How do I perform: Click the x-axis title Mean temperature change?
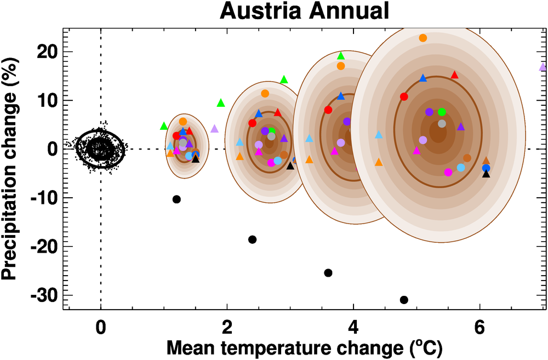304,347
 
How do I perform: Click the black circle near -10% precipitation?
176,199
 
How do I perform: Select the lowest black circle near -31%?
404,300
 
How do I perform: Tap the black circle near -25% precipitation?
328,273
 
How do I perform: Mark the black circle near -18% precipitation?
252,239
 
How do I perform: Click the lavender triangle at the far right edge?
543,67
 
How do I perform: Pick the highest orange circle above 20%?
423,38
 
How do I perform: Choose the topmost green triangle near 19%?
341,55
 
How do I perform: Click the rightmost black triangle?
486,174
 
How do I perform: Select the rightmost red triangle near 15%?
454,75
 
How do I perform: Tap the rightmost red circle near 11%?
404,96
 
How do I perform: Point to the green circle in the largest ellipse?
442,112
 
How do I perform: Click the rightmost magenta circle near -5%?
448,172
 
